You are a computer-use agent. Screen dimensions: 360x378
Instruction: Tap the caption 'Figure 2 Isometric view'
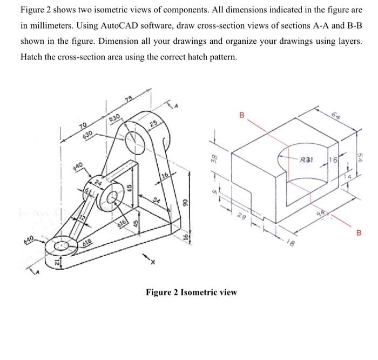point(191,292)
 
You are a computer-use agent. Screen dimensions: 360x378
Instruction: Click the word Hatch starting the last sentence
point(32,56)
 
